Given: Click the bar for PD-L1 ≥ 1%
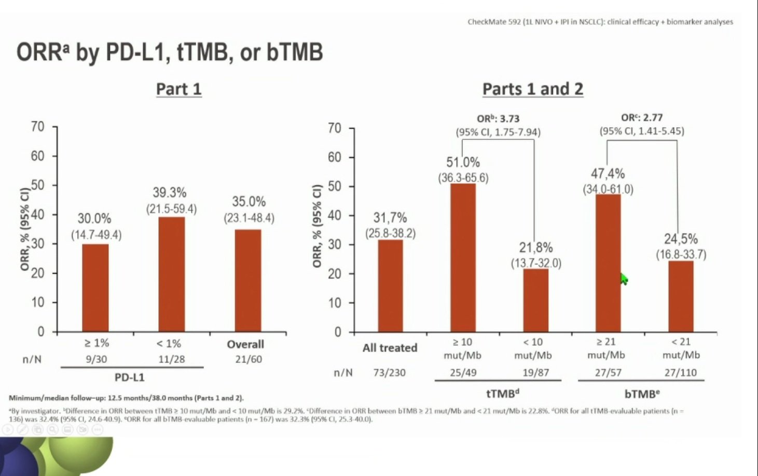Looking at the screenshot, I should [95, 288].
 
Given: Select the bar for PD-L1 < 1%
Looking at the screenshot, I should [171, 274].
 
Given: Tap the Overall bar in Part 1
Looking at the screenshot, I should [248, 281].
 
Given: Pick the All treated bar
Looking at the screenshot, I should [390, 286].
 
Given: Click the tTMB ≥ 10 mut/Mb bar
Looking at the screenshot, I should [463, 258].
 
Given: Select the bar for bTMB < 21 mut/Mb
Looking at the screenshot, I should [681, 296].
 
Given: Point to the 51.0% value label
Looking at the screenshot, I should [463, 163].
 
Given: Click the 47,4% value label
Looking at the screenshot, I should [608, 174].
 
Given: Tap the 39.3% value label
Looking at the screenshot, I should [170, 193].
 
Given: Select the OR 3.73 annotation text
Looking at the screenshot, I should [498, 119].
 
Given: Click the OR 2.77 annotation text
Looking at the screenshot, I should [642, 118].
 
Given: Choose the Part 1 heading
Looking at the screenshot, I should [178, 89].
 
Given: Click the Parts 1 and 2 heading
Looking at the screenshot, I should [532, 89].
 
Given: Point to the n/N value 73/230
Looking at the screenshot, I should [389, 372].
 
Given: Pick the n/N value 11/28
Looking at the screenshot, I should [172, 359].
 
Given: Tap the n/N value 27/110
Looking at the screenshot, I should [681, 372].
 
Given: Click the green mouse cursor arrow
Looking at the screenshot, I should [624, 279].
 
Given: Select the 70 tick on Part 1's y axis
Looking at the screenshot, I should [38, 127].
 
